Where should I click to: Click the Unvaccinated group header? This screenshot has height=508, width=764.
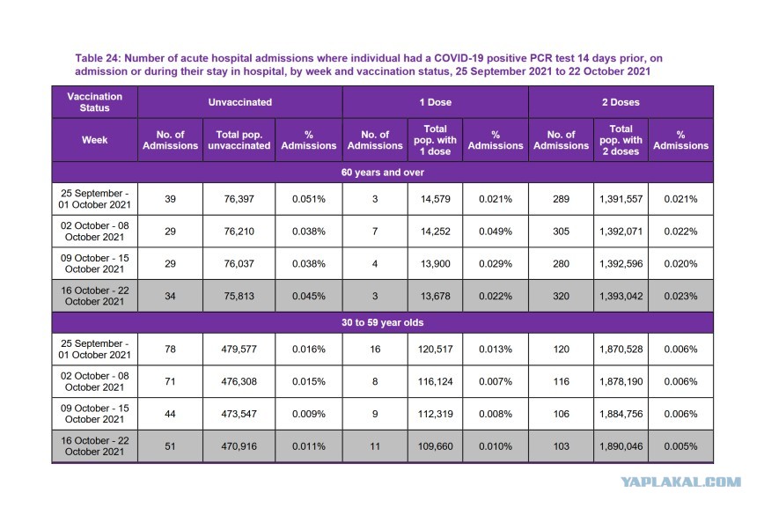tap(239, 102)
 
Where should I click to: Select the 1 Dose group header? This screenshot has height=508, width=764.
tap(435, 102)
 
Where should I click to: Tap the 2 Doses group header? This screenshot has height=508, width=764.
tap(621, 102)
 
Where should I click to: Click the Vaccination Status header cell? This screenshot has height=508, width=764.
tap(94, 102)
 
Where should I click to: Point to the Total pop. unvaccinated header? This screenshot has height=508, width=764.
tap(239, 140)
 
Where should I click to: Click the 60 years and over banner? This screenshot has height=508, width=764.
tap(383, 173)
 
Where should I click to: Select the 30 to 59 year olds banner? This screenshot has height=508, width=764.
tap(383, 323)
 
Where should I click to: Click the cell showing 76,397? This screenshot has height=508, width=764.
tap(239, 199)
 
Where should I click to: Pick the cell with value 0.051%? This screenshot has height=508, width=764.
tap(308, 199)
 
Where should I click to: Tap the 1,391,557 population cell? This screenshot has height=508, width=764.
tap(621, 199)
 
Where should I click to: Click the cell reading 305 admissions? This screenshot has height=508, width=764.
tap(561, 232)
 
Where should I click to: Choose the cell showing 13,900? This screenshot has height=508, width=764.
tap(435, 264)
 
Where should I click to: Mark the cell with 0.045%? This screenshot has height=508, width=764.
tap(308, 296)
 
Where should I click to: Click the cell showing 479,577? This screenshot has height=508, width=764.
tap(239, 349)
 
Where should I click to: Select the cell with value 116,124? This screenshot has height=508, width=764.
tap(435, 382)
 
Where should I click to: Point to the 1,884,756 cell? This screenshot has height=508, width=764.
tap(621, 414)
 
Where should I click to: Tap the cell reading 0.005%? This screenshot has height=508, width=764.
tap(680, 446)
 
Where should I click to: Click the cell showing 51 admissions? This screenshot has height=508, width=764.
tap(170, 446)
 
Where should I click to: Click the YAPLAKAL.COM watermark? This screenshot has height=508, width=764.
tap(680, 482)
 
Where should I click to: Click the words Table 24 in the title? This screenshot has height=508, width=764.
tap(97, 58)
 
